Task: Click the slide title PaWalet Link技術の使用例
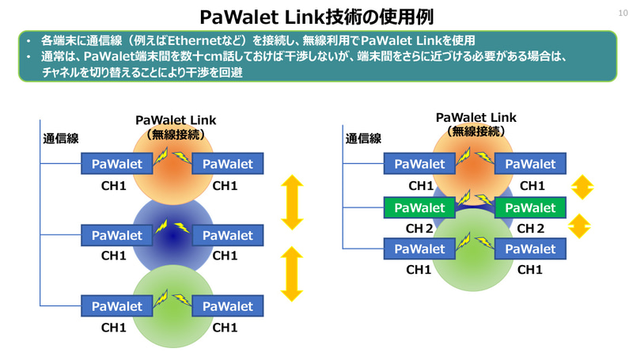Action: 316,16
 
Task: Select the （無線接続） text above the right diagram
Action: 475,131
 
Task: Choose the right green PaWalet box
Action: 530,207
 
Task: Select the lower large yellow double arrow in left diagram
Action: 292,274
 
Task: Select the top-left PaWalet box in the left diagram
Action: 117,164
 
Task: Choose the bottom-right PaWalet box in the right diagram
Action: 530,248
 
